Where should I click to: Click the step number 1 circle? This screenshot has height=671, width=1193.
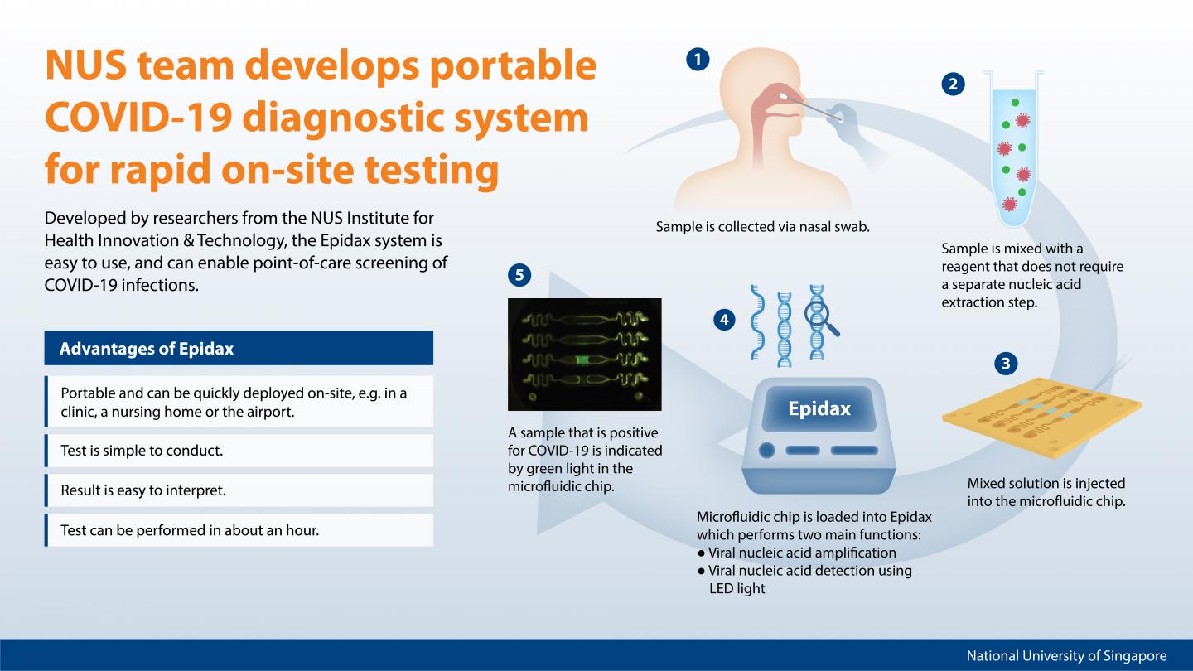click(698, 59)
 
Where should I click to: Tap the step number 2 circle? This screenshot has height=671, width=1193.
click(953, 83)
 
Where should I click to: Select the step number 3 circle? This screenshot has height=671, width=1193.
click(1005, 363)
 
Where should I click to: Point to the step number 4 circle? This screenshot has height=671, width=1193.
click(724, 319)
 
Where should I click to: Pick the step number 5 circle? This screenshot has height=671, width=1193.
click(519, 275)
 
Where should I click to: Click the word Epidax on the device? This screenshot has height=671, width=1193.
click(819, 408)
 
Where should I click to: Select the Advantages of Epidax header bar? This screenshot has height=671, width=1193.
click(239, 349)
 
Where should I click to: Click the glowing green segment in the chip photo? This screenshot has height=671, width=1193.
click(584, 359)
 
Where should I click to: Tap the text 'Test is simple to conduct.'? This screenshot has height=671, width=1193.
click(142, 451)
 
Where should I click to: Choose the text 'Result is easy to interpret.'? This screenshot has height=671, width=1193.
click(143, 490)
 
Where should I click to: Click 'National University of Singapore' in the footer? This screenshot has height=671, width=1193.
click(1066, 656)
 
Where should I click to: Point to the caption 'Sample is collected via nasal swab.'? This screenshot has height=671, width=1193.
click(762, 226)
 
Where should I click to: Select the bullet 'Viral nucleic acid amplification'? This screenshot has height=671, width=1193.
click(802, 553)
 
